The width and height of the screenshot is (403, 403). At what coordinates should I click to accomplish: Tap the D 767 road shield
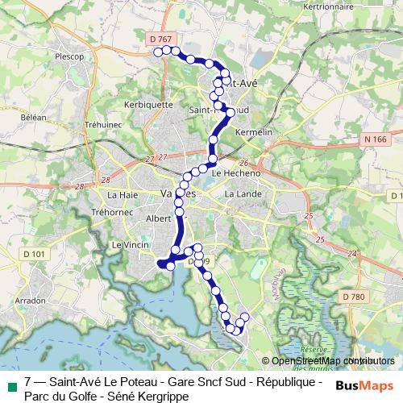tap(161, 38)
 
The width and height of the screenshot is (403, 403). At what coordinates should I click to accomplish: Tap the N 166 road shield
tap(376, 139)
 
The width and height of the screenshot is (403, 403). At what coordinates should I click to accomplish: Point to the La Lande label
tap(240, 194)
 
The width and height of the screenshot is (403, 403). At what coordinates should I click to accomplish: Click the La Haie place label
tap(123, 194)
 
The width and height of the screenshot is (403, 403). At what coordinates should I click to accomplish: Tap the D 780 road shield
tap(353, 297)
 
